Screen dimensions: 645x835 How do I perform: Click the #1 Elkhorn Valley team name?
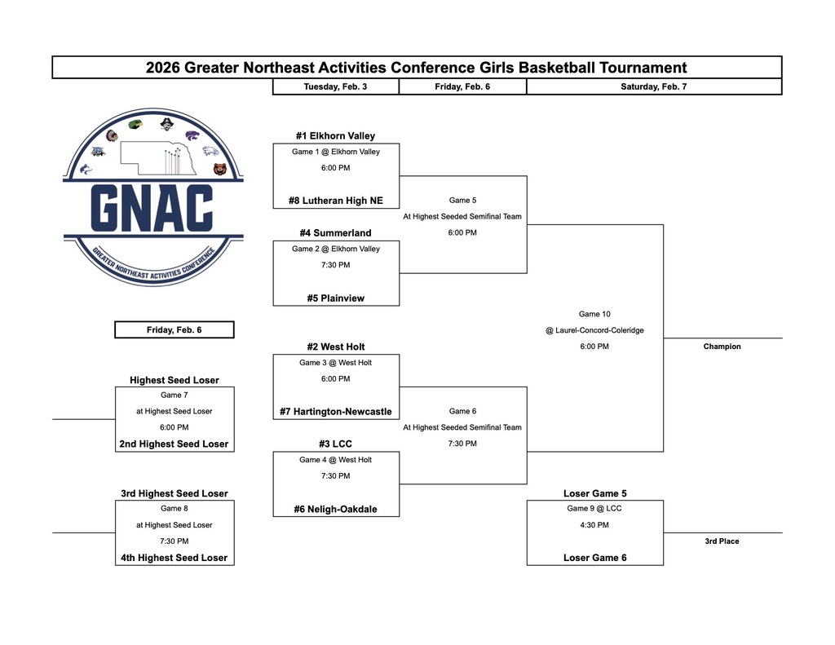335,136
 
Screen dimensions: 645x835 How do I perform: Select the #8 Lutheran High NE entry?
335,201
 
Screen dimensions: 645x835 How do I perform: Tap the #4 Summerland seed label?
335,233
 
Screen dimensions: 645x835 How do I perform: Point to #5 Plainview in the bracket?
335,298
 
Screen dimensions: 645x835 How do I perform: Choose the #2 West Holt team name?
335,347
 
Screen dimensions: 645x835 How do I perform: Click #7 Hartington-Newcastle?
335,412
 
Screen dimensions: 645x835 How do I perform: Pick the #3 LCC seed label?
335,444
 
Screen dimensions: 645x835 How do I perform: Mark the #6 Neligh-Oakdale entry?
335,510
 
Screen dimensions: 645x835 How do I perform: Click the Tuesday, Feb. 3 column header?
335,86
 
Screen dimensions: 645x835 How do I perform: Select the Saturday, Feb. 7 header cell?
653,86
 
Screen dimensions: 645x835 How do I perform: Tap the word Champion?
722,347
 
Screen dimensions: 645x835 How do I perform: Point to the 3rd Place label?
722,541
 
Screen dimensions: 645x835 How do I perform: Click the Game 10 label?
594,314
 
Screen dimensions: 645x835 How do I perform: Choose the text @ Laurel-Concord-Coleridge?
594,330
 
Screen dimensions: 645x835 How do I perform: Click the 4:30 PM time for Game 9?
594,525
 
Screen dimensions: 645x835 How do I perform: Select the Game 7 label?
174,395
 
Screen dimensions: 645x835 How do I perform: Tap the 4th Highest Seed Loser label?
174,559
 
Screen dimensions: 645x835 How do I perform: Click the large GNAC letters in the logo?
152,208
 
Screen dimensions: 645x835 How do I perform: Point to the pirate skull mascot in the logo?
166,126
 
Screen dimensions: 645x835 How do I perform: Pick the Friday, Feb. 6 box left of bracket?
174,330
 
